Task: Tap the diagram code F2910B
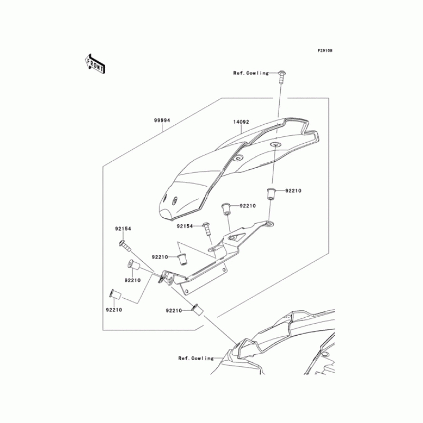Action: (x=325, y=51)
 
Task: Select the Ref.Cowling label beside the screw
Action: (x=251, y=73)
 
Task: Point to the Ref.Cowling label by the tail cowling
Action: (x=196, y=358)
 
